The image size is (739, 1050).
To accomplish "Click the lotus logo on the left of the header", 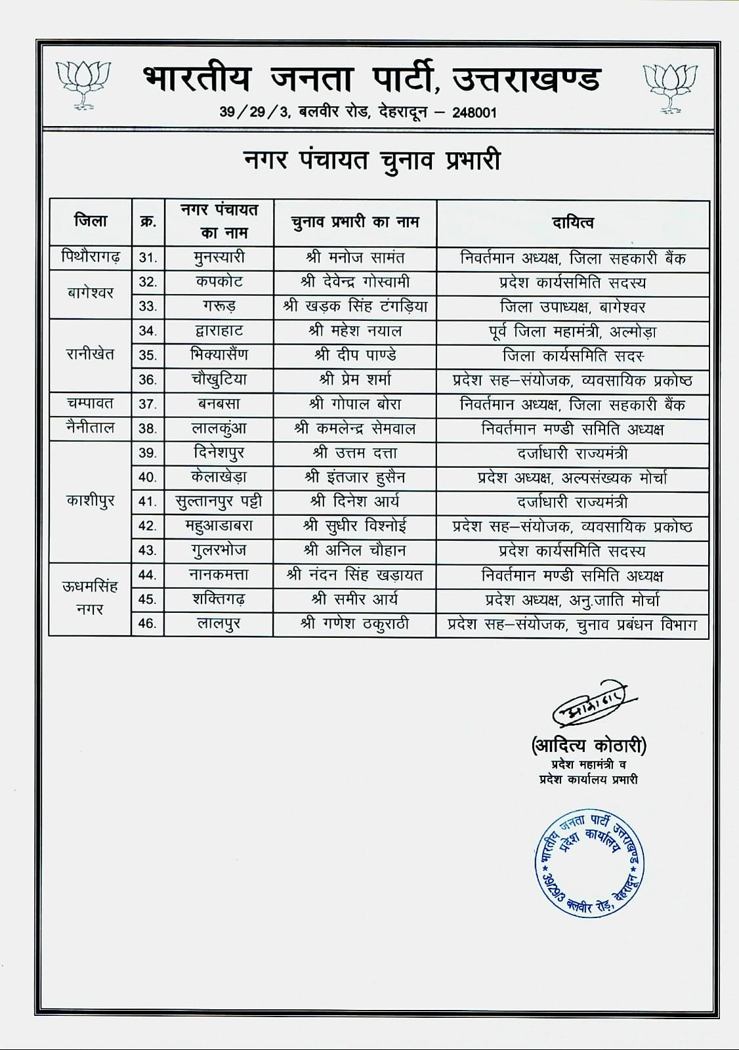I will (83, 84).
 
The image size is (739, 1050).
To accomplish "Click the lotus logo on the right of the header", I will (669, 86).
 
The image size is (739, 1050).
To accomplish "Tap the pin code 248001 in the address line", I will (474, 112).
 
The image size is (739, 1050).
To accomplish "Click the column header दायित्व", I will (572, 223).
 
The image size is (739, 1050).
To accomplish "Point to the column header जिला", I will (91, 221).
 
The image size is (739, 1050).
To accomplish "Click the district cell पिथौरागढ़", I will (91, 257).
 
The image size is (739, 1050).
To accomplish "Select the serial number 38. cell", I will (148, 429).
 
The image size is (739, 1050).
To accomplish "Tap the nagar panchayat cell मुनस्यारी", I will (219, 257).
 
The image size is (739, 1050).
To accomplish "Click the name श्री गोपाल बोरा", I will (355, 404).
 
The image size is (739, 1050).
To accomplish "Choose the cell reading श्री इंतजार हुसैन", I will (355, 478).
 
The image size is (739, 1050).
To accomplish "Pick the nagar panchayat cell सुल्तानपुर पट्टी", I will (219, 502).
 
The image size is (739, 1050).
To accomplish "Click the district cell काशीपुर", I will (91, 501).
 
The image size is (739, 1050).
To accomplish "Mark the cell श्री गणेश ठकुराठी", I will (355, 624).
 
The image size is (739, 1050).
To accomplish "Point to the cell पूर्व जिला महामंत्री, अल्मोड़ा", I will (572, 331).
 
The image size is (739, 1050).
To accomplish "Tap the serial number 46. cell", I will (148, 623).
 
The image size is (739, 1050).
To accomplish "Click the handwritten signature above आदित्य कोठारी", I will (589, 707).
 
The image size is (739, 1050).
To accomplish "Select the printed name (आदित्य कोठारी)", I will (589, 745).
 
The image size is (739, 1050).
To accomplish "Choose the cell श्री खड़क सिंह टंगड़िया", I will (355, 306).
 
